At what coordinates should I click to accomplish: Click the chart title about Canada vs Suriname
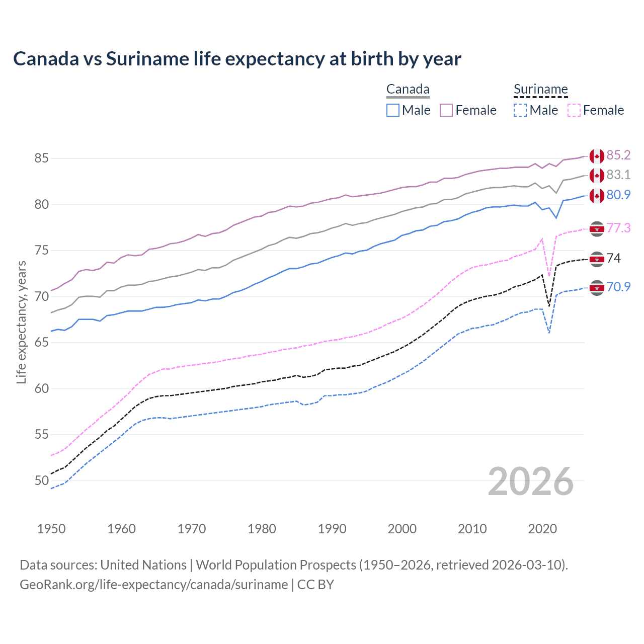click(237, 59)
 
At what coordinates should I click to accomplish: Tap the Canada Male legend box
click(393, 110)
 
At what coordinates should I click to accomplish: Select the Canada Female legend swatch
click(446, 110)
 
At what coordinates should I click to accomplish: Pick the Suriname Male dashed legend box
click(520, 110)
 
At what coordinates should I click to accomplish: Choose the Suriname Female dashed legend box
click(574, 110)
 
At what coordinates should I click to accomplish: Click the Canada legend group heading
click(408, 90)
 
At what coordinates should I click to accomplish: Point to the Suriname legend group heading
click(540, 90)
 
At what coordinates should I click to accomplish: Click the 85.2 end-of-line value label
click(618, 155)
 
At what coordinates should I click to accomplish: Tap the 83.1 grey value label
click(618, 175)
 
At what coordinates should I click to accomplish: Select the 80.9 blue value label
click(618, 195)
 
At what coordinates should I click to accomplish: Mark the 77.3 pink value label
click(618, 228)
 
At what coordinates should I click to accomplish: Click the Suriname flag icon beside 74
click(597, 259)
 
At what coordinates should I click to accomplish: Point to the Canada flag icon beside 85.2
click(597, 156)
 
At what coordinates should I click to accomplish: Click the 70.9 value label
click(618, 287)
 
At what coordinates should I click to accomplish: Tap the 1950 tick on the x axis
click(51, 529)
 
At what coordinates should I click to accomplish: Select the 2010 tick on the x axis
click(472, 529)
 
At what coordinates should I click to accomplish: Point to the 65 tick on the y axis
click(41, 343)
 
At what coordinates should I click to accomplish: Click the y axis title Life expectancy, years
click(21, 322)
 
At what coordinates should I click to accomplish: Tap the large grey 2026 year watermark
click(531, 481)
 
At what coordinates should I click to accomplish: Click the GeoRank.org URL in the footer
click(153, 585)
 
